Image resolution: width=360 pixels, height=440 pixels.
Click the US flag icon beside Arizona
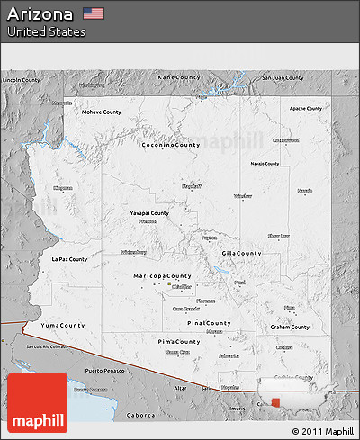point(94,13)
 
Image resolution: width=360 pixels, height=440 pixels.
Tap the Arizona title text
point(40,14)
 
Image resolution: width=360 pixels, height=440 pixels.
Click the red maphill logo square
point(37,403)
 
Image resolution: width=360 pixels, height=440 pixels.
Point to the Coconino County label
point(170,144)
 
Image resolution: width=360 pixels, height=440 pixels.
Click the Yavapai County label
point(149,213)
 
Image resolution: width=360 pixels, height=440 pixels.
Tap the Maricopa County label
point(161,275)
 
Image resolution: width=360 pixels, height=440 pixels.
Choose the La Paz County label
point(69,259)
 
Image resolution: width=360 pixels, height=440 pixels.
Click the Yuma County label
point(61,324)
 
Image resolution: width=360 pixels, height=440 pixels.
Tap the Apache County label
point(305,108)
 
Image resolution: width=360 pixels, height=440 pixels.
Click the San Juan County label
point(282,77)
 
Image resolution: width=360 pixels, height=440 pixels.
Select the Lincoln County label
point(21,80)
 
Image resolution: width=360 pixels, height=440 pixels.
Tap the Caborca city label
point(139,416)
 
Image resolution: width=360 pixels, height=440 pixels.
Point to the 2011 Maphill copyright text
point(323,431)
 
